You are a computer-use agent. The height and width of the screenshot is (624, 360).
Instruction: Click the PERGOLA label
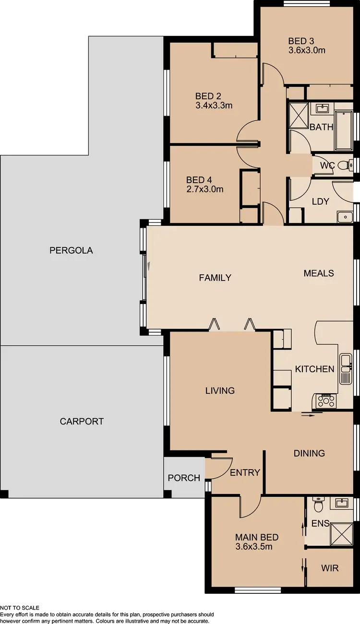(x=71, y=250)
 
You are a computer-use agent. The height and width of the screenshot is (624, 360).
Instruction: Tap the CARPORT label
(x=82, y=422)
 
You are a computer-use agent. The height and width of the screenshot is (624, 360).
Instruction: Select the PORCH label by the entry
(x=184, y=478)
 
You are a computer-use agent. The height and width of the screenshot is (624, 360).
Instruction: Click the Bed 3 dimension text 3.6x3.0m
(x=307, y=50)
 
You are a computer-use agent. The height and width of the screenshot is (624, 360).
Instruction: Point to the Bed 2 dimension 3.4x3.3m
(x=214, y=105)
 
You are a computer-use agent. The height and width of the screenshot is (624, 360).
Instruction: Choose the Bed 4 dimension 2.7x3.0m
(x=205, y=189)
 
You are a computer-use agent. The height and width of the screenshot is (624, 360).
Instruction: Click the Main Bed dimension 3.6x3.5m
(x=254, y=546)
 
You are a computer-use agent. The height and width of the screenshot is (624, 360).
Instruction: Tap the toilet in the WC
(x=344, y=166)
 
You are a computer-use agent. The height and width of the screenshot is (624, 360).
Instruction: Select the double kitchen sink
(x=346, y=369)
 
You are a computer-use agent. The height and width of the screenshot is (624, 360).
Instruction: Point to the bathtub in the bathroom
(x=344, y=131)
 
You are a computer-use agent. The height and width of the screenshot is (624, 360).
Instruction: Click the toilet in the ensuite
(x=318, y=505)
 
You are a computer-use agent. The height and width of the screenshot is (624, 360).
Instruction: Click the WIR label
(x=329, y=568)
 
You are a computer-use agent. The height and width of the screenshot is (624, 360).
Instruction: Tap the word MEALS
(x=319, y=273)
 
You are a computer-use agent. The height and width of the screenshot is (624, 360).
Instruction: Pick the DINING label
(x=309, y=453)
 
